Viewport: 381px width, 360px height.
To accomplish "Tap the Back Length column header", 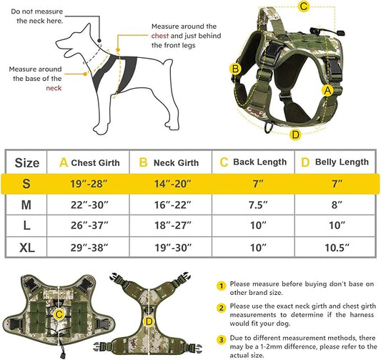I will pos(254,162).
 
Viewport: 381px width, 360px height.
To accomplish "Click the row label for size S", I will pos(27,183).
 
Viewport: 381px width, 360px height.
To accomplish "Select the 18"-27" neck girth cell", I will pos(172,226).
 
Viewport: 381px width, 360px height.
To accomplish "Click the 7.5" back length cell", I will pos(254,205).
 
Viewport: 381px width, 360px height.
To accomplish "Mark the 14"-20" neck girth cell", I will pos(172,184).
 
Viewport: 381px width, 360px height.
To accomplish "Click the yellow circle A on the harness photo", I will pos(327,90).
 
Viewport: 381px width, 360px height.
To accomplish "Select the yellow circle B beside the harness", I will pos(234,69).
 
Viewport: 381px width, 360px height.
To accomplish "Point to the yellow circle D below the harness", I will pos(296,134).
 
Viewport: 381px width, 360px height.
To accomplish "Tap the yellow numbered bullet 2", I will pos(223,308).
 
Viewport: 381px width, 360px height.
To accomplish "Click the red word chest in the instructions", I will pos(159,36).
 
